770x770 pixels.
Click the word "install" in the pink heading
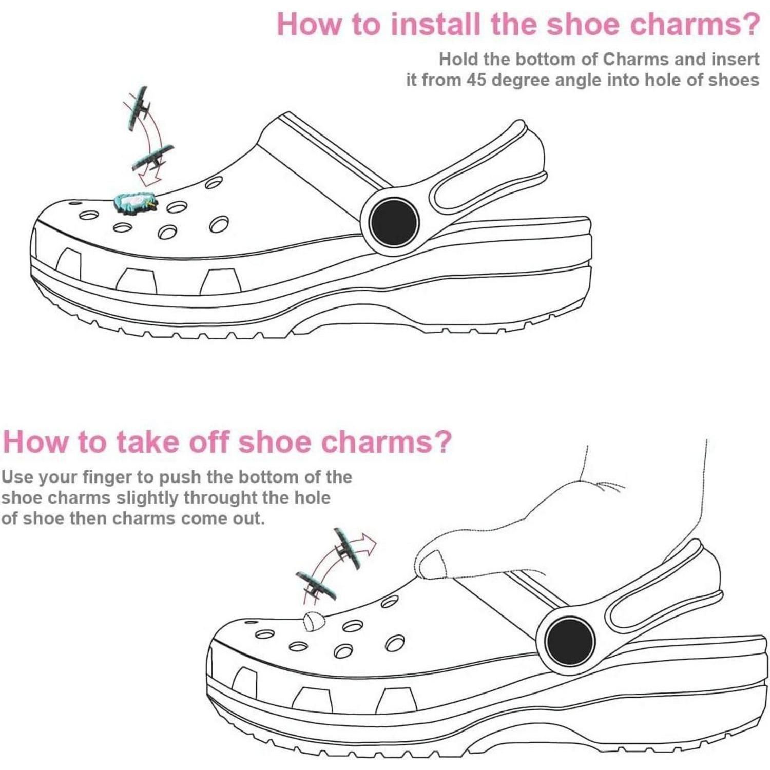tap(436, 24)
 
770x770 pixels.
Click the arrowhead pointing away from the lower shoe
tap(369, 542)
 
